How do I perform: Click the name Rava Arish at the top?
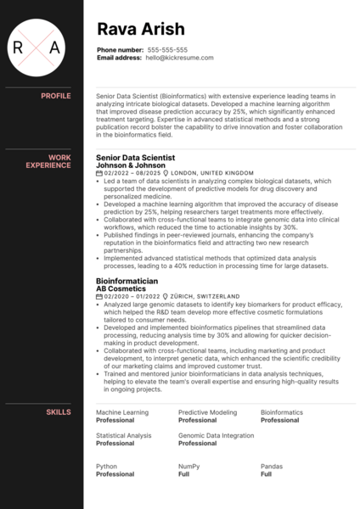[x=140, y=31]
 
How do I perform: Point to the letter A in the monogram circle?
[x=54, y=48]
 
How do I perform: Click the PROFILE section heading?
[x=56, y=96]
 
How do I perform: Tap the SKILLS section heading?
[x=59, y=411]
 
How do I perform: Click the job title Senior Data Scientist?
[x=136, y=158]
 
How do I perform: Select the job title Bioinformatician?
[x=128, y=281]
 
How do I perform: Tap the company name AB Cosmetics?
[x=121, y=288]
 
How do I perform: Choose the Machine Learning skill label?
[x=121, y=412]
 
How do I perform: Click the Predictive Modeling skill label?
[x=207, y=412]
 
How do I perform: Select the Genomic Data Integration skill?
[x=216, y=435]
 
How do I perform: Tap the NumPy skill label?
[x=189, y=466]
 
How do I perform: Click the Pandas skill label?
[x=272, y=466]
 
